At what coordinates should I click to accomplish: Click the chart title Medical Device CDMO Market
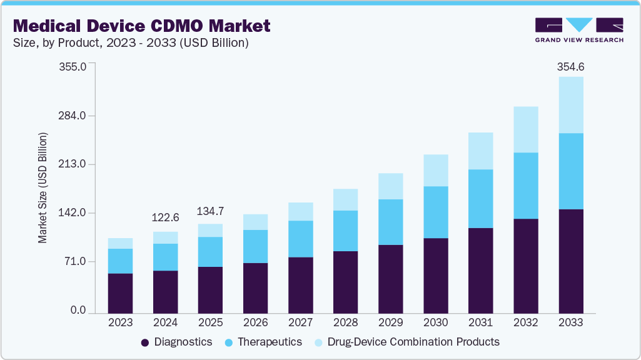tap(142, 26)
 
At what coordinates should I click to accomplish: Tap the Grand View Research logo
tap(578, 29)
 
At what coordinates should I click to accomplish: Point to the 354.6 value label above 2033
tap(570, 67)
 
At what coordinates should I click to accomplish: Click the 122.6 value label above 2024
tap(166, 217)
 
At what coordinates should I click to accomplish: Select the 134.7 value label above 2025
tap(211, 211)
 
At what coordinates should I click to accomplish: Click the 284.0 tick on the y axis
tap(73, 116)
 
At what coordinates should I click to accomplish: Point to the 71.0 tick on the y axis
tap(76, 261)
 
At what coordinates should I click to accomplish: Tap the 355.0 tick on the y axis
tap(73, 67)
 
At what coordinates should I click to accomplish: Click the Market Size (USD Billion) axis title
tap(43, 187)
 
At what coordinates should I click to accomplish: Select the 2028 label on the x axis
tap(346, 322)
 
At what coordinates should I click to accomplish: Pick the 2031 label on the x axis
tap(481, 322)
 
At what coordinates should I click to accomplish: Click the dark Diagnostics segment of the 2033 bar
tap(570, 261)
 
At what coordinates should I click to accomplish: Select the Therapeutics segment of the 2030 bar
tap(436, 212)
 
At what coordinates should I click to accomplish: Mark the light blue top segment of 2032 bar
tap(525, 129)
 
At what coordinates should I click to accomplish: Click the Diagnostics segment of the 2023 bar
tap(120, 293)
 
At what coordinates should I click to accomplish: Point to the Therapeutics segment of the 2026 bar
tap(256, 246)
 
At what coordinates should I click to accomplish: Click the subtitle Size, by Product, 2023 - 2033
tap(131, 43)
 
